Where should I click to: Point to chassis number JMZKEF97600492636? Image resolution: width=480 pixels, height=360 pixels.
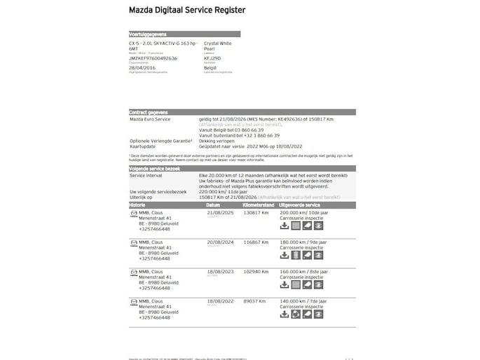tap(153, 58)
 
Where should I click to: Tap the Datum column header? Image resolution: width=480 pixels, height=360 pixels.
tap(213, 205)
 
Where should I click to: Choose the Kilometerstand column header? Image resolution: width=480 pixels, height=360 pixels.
tap(259, 205)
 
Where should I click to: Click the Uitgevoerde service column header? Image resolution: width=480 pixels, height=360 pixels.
tap(304, 205)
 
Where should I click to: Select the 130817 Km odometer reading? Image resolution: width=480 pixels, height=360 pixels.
tap(256, 212)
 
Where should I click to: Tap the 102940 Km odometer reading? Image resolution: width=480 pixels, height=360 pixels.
tap(256, 271)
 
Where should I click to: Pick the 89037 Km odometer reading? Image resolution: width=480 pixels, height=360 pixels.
tap(254, 300)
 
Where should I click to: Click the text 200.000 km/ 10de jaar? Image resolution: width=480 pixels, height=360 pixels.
tap(303, 212)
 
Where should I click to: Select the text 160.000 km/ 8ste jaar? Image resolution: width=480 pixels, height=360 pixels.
tap(303, 271)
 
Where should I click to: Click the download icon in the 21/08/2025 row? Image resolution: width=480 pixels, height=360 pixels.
tap(284, 226)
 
